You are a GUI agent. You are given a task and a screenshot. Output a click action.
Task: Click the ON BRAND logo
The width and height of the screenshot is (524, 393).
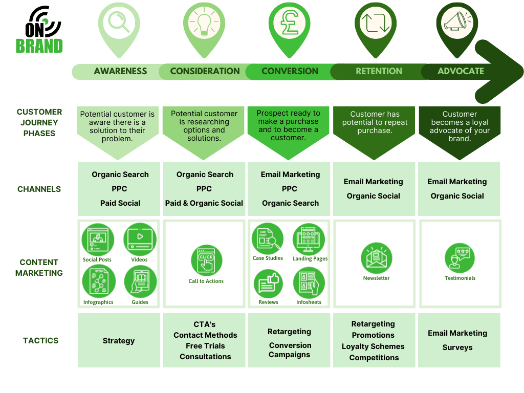(x=39, y=31)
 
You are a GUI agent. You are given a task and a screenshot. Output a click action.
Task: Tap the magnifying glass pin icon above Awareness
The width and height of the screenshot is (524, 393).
(x=119, y=23)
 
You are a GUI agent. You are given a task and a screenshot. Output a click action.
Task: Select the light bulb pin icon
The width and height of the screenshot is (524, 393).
(x=204, y=23)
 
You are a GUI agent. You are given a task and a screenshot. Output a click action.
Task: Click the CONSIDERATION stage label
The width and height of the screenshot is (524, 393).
(x=205, y=71)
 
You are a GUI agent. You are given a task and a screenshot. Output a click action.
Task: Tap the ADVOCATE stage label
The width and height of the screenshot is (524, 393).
(x=461, y=71)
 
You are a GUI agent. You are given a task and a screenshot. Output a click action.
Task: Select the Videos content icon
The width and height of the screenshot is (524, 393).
(x=140, y=239)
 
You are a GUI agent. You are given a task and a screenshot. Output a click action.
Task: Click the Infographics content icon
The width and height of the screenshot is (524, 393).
(x=98, y=282)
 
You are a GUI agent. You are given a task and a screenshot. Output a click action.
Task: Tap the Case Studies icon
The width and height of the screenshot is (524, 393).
(x=268, y=238)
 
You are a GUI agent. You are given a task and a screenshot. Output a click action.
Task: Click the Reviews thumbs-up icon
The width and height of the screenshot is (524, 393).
(x=268, y=283)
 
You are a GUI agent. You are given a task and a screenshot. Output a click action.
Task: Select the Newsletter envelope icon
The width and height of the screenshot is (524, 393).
(x=377, y=258)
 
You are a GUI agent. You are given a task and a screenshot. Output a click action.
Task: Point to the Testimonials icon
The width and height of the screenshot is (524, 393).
(x=460, y=258)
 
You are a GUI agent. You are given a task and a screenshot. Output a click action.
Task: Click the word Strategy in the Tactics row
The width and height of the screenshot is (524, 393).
(x=119, y=341)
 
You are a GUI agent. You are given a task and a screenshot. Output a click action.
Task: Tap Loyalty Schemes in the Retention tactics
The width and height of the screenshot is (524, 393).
(x=373, y=346)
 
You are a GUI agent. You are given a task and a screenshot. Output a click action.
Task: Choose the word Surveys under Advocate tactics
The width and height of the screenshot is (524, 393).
(x=457, y=347)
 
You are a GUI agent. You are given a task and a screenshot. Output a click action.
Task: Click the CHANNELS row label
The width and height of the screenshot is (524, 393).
(x=39, y=189)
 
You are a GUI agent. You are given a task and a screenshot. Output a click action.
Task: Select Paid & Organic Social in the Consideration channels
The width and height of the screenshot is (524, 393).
(x=204, y=203)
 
